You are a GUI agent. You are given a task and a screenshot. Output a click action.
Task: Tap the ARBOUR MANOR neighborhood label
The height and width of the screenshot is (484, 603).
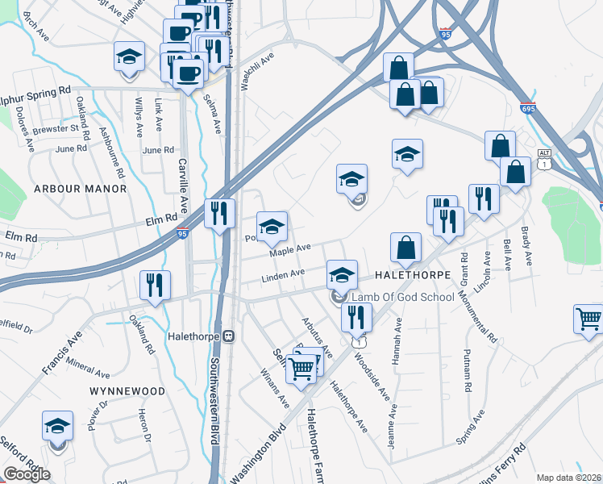(x=81, y=188)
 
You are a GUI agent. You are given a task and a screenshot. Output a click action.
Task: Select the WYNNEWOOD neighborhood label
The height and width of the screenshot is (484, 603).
(x=127, y=391)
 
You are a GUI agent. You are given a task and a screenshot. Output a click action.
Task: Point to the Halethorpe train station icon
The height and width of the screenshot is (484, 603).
(x=229, y=336)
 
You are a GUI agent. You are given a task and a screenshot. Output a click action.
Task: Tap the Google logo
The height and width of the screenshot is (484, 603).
(x=27, y=474)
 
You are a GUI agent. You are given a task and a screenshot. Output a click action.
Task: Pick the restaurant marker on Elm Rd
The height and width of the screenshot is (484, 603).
(x=219, y=213)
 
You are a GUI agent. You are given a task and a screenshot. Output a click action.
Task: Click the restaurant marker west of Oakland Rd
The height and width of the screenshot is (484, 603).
(x=153, y=285)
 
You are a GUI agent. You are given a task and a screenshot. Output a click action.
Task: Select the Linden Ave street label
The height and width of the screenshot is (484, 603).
(x=282, y=276)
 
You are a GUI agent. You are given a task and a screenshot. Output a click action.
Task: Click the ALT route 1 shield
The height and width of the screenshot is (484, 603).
(x=545, y=160)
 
